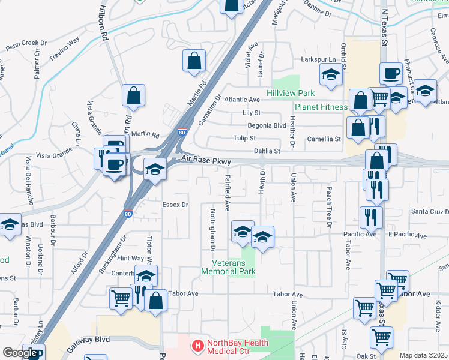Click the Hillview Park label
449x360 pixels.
point(291,93)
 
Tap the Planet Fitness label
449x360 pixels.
point(321,107)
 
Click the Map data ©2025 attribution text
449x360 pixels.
point(424,355)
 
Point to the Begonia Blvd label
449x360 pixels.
point(267,125)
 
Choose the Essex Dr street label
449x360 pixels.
point(176,205)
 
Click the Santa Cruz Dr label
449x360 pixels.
point(429,212)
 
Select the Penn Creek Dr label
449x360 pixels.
point(26,44)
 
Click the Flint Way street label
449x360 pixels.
point(130,258)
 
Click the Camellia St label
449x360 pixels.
point(324,139)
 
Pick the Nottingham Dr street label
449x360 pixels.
point(213,229)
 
